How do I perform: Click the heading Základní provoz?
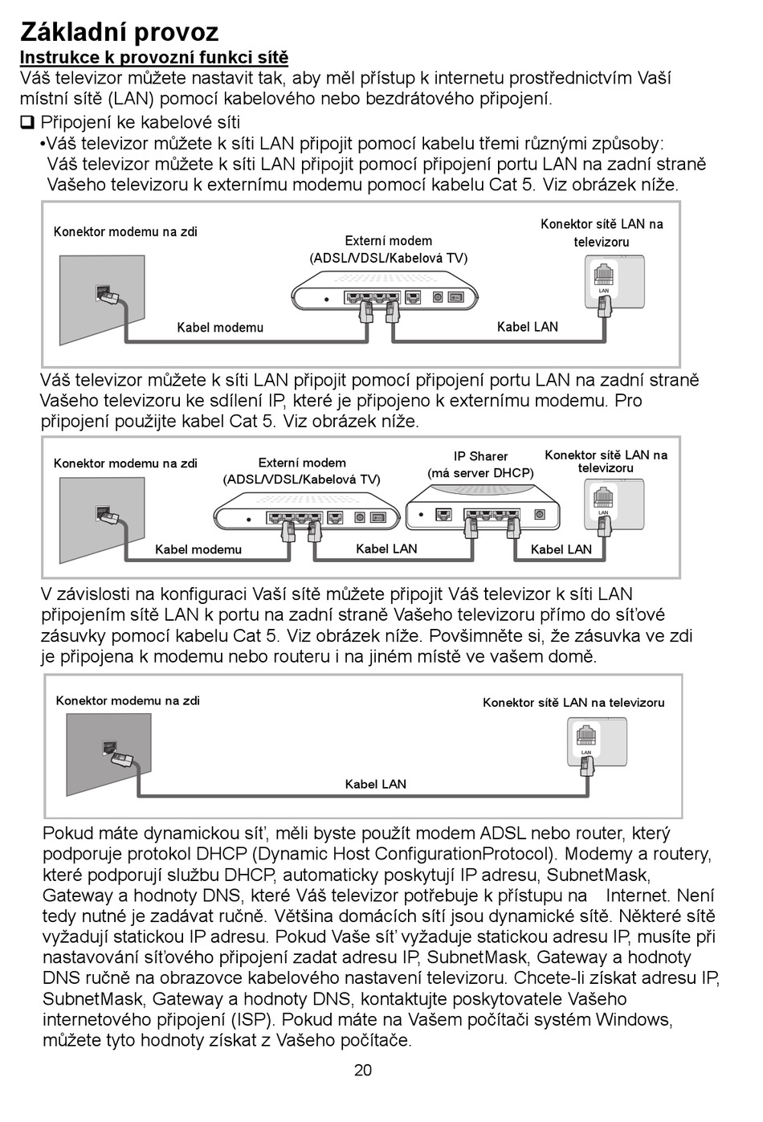click(x=119, y=31)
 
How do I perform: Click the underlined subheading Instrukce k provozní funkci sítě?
click(x=153, y=58)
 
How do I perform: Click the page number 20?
click(x=363, y=1070)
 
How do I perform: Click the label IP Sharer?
click(x=480, y=456)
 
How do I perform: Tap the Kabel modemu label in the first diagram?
click(x=220, y=328)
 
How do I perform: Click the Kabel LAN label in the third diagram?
click(x=376, y=784)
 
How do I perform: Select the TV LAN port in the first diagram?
click(x=604, y=275)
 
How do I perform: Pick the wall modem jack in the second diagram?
click(x=103, y=512)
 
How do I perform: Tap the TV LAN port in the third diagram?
click(x=586, y=736)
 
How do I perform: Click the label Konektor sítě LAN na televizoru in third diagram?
click(x=573, y=703)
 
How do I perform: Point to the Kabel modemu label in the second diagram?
click(x=198, y=550)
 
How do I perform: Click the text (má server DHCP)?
click(x=480, y=473)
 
